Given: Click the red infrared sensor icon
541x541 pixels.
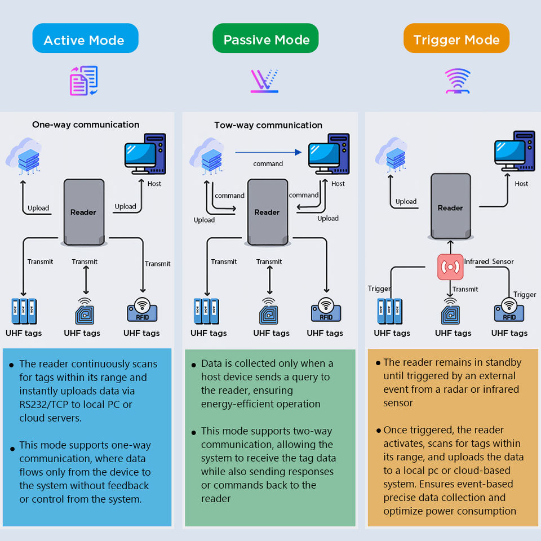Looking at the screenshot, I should click(450, 267).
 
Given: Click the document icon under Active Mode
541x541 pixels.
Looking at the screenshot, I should click(83, 81).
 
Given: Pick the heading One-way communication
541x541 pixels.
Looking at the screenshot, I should click(86, 125).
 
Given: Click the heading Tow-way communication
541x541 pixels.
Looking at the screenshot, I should click(268, 125).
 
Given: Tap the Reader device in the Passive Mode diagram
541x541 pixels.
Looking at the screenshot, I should click(267, 212).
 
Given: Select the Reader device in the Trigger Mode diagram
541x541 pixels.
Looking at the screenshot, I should click(450, 207).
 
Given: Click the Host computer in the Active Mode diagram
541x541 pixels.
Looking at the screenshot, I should click(145, 154).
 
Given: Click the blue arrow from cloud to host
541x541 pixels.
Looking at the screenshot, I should click(268, 152).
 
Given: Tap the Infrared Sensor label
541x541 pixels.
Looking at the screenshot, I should click(489, 261).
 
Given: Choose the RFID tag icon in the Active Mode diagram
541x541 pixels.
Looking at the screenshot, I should click(142, 309).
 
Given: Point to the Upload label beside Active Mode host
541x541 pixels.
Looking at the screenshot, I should click(125, 206).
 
